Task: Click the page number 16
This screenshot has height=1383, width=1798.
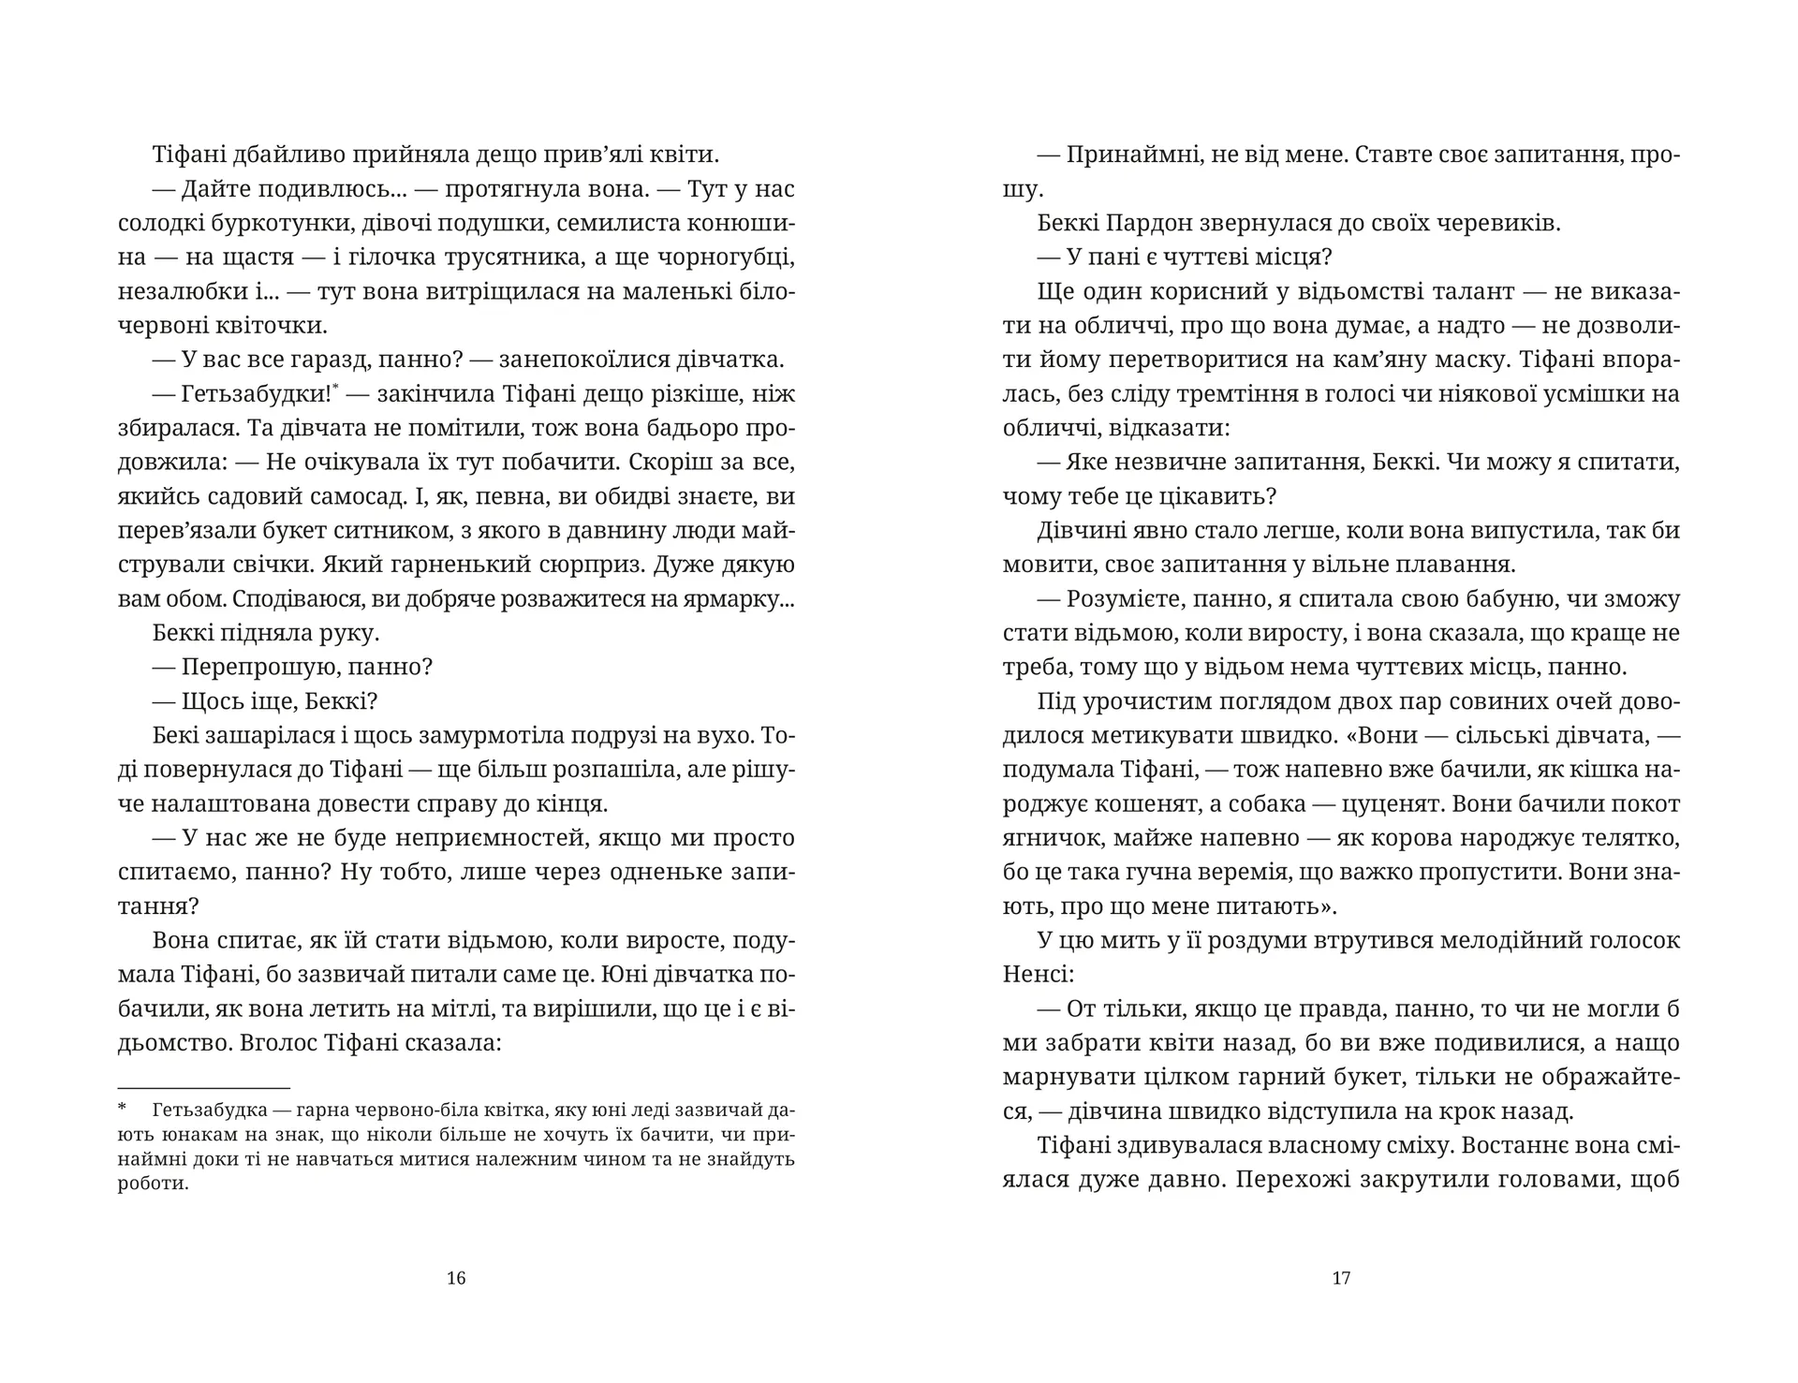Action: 456,1277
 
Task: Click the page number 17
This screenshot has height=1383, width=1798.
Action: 1341,1277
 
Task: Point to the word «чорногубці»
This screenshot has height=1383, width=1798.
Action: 719,257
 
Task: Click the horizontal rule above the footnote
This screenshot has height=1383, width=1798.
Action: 204,1088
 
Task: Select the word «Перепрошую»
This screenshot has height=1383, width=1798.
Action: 257,667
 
